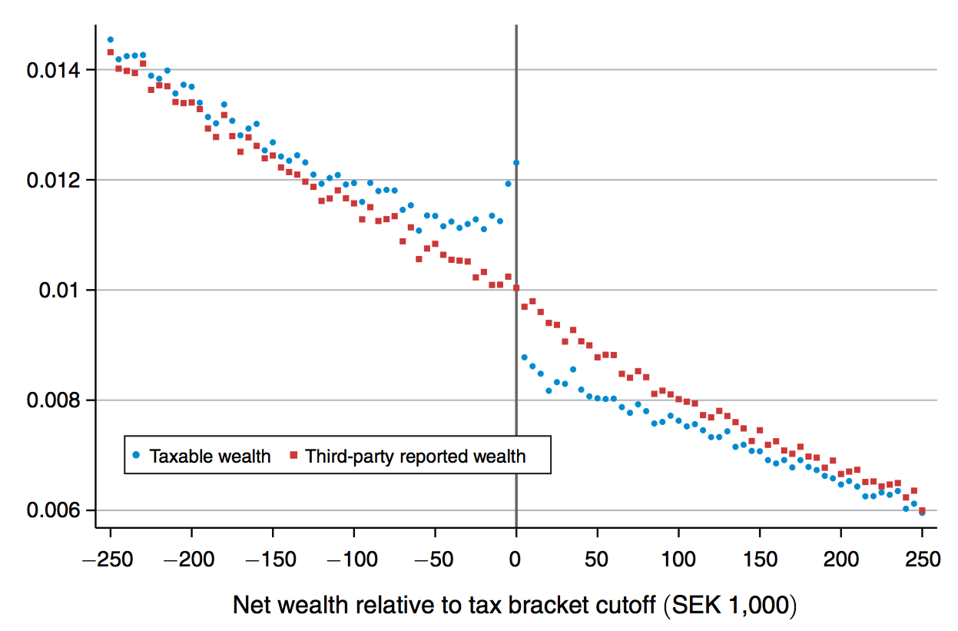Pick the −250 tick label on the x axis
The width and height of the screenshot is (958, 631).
click(110, 560)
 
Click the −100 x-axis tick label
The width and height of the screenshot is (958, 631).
click(353, 560)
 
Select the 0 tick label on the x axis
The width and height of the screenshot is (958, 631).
click(516, 560)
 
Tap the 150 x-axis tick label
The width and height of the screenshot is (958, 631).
click(760, 560)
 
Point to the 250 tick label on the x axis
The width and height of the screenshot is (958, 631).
click(923, 560)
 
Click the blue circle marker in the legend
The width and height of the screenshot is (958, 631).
click(137, 455)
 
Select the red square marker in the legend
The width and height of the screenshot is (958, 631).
click(293, 455)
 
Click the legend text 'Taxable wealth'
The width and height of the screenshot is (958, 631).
click(210, 457)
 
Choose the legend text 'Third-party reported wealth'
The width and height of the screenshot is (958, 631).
click(416, 457)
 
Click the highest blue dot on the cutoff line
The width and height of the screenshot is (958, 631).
click(516, 163)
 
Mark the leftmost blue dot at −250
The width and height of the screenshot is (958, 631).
click(111, 39)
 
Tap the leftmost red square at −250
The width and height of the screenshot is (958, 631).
click(111, 52)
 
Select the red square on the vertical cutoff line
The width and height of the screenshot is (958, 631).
click(516, 288)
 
